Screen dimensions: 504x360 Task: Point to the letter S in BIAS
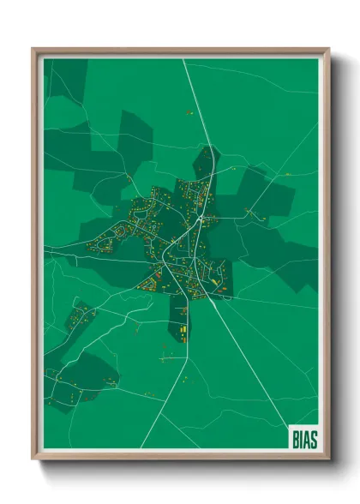(313, 437)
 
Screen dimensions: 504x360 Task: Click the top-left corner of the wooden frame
(33, 50)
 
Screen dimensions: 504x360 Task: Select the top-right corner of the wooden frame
(328, 50)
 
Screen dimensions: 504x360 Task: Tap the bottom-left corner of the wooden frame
(33, 459)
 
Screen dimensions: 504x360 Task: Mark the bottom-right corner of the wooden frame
(328, 459)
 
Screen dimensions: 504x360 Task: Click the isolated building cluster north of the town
(189, 111)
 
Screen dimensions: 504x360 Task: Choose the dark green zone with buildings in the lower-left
(81, 377)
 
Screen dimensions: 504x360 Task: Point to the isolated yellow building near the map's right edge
(287, 174)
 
